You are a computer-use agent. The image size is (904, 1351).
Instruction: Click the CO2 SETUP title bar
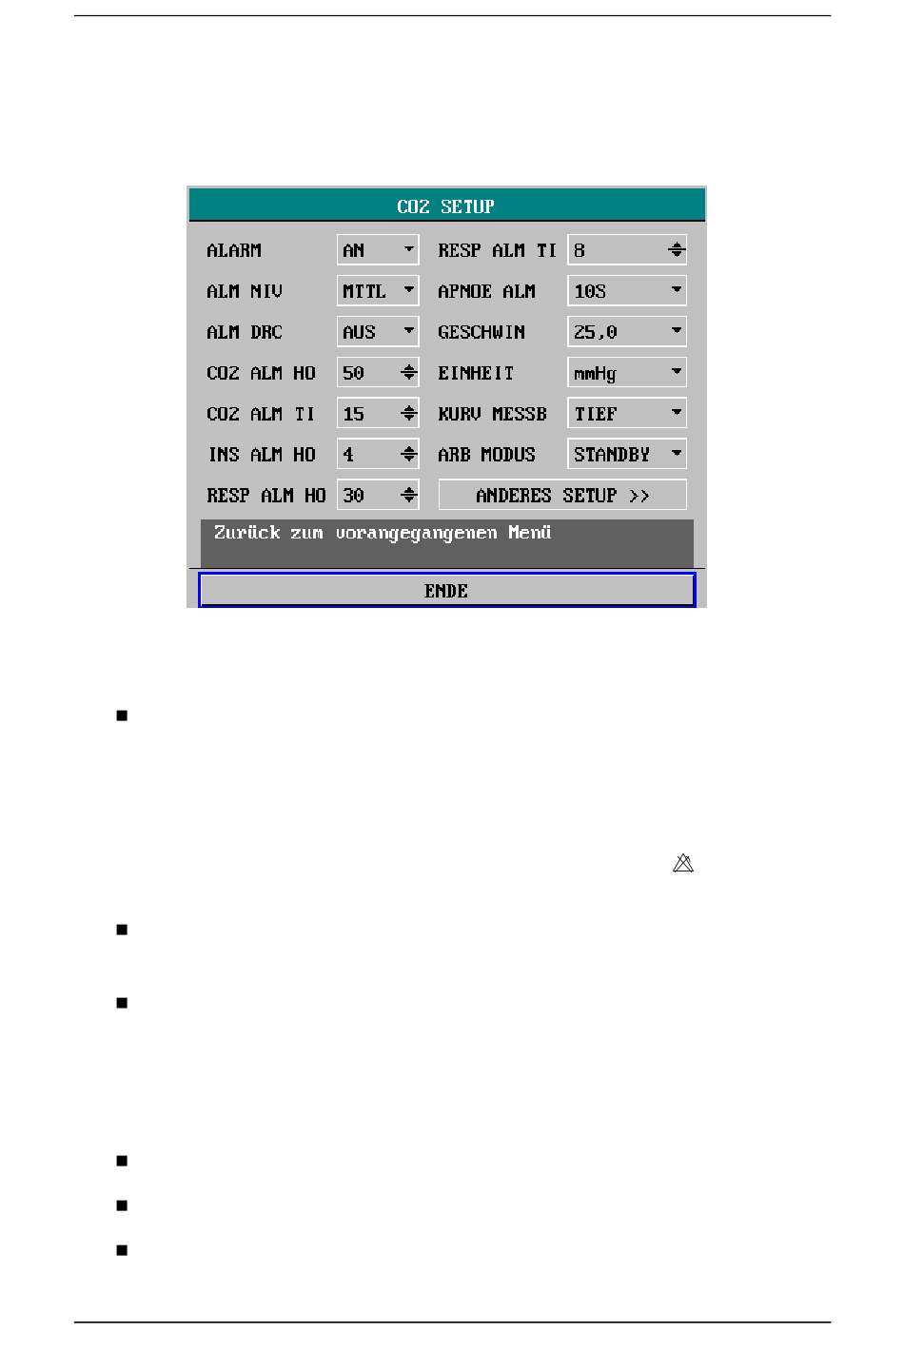(x=446, y=206)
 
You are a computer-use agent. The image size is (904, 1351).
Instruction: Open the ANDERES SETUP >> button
(x=561, y=495)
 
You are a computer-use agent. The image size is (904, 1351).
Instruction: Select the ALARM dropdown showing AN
(x=378, y=250)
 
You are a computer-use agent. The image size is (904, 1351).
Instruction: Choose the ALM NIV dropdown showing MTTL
(x=378, y=291)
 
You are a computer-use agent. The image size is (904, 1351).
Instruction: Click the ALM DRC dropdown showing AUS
(x=378, y=332)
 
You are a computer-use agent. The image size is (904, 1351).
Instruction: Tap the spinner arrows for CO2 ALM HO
(x=409, y=373)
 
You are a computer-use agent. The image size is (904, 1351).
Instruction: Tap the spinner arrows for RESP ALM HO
(x=409, y=496)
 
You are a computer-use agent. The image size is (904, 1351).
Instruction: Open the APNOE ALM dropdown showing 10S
(x=626, y=291)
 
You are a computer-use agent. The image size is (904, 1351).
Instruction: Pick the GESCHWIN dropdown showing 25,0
(x=626, y=332)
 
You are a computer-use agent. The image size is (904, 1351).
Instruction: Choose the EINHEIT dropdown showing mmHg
(x=626, y=373)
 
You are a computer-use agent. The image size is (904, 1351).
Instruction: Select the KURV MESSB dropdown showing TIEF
(x=626, y=414)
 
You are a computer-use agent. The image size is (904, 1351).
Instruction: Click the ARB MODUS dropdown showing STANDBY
(x=626, y=455)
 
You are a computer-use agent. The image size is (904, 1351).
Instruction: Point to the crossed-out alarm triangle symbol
(x=683, y=864)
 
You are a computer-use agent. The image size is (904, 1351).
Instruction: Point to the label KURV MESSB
(x=492, y=414)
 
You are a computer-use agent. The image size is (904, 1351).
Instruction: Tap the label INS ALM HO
(x=262, y=455)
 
